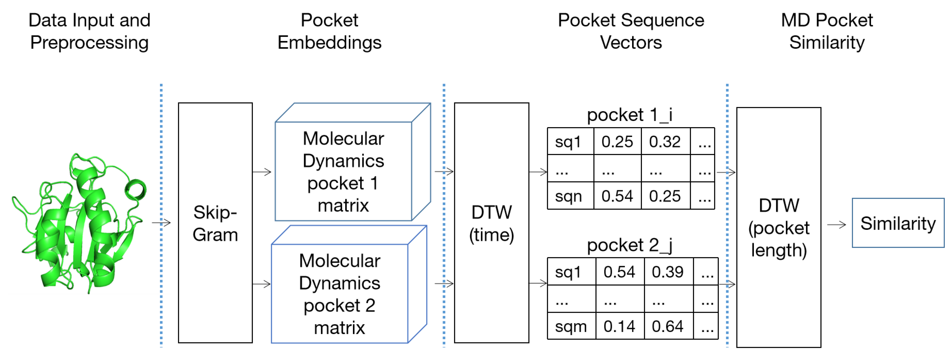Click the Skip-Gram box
(215, 223)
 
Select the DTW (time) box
(491, 223)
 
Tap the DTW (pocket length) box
(778, 227)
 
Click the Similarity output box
(898, 223)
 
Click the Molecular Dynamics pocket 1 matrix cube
(344, 171)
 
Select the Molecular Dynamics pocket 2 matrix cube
(340, 294)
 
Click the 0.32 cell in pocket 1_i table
(665, 141)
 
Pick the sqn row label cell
(570, 196)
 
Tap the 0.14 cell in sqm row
(619, 326)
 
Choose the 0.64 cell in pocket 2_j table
(668, 326)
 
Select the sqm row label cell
(571, 326)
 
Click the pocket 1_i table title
(629, 115)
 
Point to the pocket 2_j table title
(629, 245)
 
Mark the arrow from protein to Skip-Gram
(161, 222)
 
